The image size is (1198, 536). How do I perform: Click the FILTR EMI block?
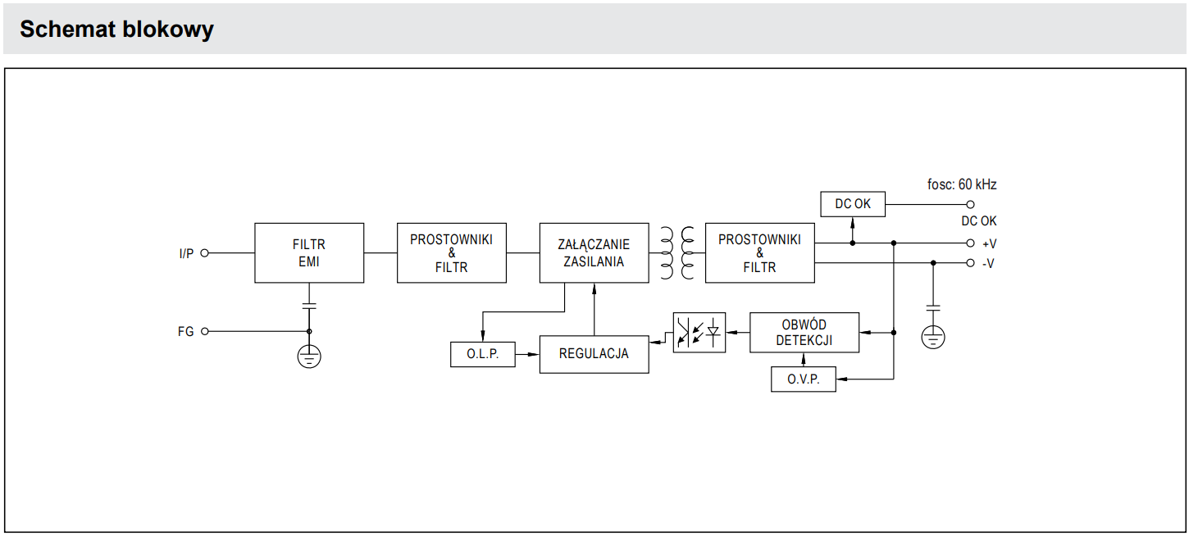pyautogui.click(x=308, y=252)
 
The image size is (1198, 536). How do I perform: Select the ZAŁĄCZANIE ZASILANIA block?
pyautogui.click(x=594, y=252)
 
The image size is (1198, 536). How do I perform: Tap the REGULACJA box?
pyautogui.click(x=594, y=354)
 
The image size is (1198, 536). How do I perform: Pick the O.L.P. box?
pyautogui.click(x=483, y=355)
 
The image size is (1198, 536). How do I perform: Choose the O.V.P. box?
pyautogui.click(x=804, y=379)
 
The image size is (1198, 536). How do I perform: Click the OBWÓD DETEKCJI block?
pyautogui.click(x=804, y=333)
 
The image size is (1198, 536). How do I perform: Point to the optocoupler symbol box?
pyautogui.click(x=699, y=333)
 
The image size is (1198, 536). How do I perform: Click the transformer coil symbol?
pyautogui.click(x=676, y=252)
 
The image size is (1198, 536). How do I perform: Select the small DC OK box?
pyautogui.click(x=853, y=204)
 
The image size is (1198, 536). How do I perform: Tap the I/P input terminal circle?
pyautogui.click(x=205, y=253)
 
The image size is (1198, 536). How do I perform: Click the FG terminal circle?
pyautogui.click(x=205, y=331)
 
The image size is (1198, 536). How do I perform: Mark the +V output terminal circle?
pyautogui.click(x=970, y=243)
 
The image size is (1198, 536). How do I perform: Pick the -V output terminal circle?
pyautogui.click(x=970, y=263)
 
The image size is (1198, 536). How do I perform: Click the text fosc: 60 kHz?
pyautogui.click(x=962, y=184)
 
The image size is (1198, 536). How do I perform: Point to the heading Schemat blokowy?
pyautogui.click(x=116, y=30)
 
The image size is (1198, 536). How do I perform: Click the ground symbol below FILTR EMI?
pyautogui.click(x=309, y=356)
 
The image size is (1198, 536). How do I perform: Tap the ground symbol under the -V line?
pyautogui.click(x=933, y=337)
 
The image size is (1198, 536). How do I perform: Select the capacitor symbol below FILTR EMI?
pyautogui.click(x=309, y=305)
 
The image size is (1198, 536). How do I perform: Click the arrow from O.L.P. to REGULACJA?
pyautogui.click(x=527, y=355)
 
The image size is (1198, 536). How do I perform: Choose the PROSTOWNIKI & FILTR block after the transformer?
pyautogui.click(x=759, y=252)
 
